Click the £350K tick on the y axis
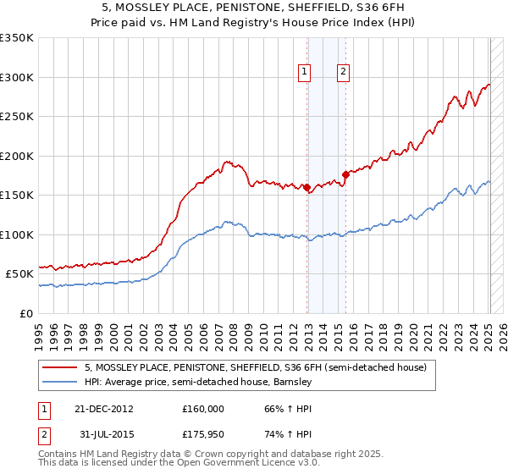[17, 38]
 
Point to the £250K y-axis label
[17, 117]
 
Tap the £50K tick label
[20, 274]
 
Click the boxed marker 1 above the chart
[304, 73]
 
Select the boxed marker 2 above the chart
[343, 73]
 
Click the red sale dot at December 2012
[307, 188]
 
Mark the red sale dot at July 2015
[345, 175]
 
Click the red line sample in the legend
[59, 368]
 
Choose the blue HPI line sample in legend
[59, 382]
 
